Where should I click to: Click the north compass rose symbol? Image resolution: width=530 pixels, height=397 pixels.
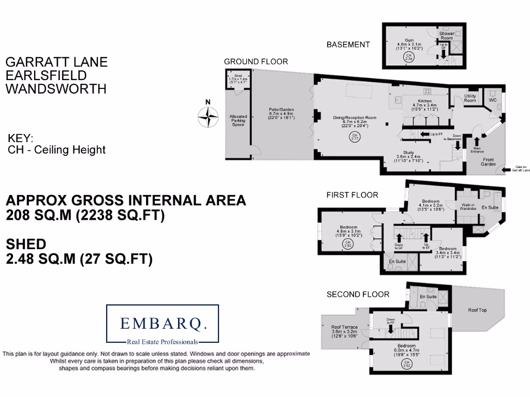pos(209,116)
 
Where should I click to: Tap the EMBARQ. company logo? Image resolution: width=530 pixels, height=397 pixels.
pos(163,324)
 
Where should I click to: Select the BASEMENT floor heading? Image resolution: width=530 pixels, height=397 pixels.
pos(348,45)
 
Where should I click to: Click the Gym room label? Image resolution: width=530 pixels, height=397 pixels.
pos(409,39)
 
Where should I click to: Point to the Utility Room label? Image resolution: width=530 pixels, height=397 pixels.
pos(470,98)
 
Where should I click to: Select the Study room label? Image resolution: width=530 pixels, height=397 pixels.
pos(409,152)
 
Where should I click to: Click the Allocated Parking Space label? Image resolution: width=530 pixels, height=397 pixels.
pos(238,120)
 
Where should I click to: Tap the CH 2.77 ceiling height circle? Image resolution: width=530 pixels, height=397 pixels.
pos(355,136)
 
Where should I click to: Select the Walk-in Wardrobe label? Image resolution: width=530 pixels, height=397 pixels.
pos(468,207)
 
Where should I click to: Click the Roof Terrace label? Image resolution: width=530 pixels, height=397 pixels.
pos(344,327)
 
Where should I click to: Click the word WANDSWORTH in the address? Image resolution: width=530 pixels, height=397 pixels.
pos(55,88)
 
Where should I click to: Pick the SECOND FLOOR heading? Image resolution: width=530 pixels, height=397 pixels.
pos(358,294)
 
